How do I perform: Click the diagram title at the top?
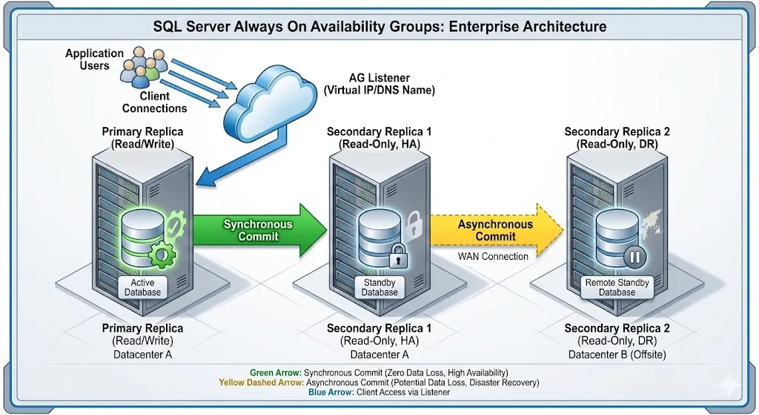pyautogui.click(x=379, y=27)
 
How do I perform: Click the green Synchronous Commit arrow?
pyautogui.click(x=259, y=230)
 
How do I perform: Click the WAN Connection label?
pyautogui.click(x=494, y=256)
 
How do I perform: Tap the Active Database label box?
pyautogui.click(x=142, y=287)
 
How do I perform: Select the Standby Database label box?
pyautogui.click(x=379, y=287)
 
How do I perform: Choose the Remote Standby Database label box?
pyautogui.click(x=617, y=287)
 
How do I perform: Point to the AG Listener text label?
pyautogui.click(x=379, y=84)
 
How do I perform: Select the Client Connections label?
pyautogui.click(x=154, y=102)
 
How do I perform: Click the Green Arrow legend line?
pyautogui.click(x=379, y=372)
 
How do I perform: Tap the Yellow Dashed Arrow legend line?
pyautogui.click(x=379, y=382)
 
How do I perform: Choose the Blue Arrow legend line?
pyautogui.click(x=379, y=392)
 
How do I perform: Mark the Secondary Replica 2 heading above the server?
pyautogui.click(x=617, y=137)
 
